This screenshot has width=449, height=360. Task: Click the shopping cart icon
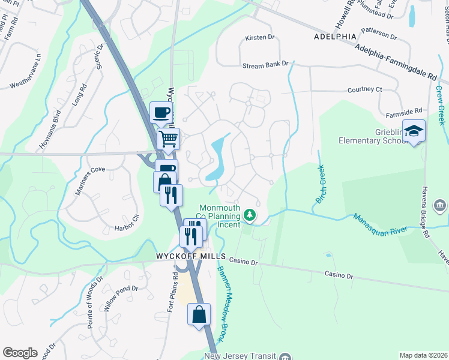(x=169, y=139)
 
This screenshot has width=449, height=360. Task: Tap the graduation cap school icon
(x=414, y=131)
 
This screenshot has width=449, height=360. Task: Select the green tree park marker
(x=249, y=215)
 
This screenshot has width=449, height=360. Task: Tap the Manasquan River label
(x=381, y=224)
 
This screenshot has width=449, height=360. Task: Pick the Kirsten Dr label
(x=259, y=38)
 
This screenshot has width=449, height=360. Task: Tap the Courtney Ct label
(x=364, y=89)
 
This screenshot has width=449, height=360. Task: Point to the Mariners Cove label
(x=90, y=170)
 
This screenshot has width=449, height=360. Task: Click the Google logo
(x=20, y=353)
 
